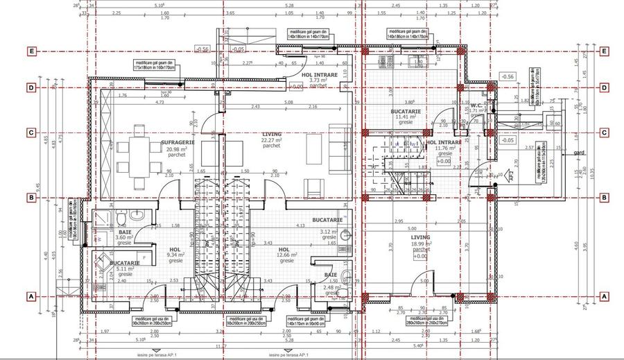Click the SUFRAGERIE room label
(x=177, y=142)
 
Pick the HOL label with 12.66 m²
(x=283, y=249)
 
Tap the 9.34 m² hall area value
(x=175, y=255)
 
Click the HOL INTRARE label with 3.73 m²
(x=320, y=74)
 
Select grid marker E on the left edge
(x=31, y=51)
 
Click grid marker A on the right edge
(x=605, y=296)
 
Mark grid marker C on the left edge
(x=31, y=132)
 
